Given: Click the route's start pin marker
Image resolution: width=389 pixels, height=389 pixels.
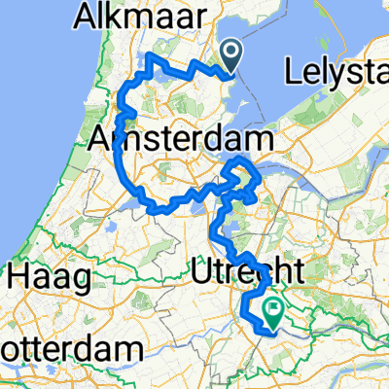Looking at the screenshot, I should [x=233, y=54].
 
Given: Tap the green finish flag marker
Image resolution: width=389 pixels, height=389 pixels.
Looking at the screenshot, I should [x=273, y=313].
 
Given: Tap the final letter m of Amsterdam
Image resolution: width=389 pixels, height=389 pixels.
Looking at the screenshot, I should [x=257, y=139].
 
